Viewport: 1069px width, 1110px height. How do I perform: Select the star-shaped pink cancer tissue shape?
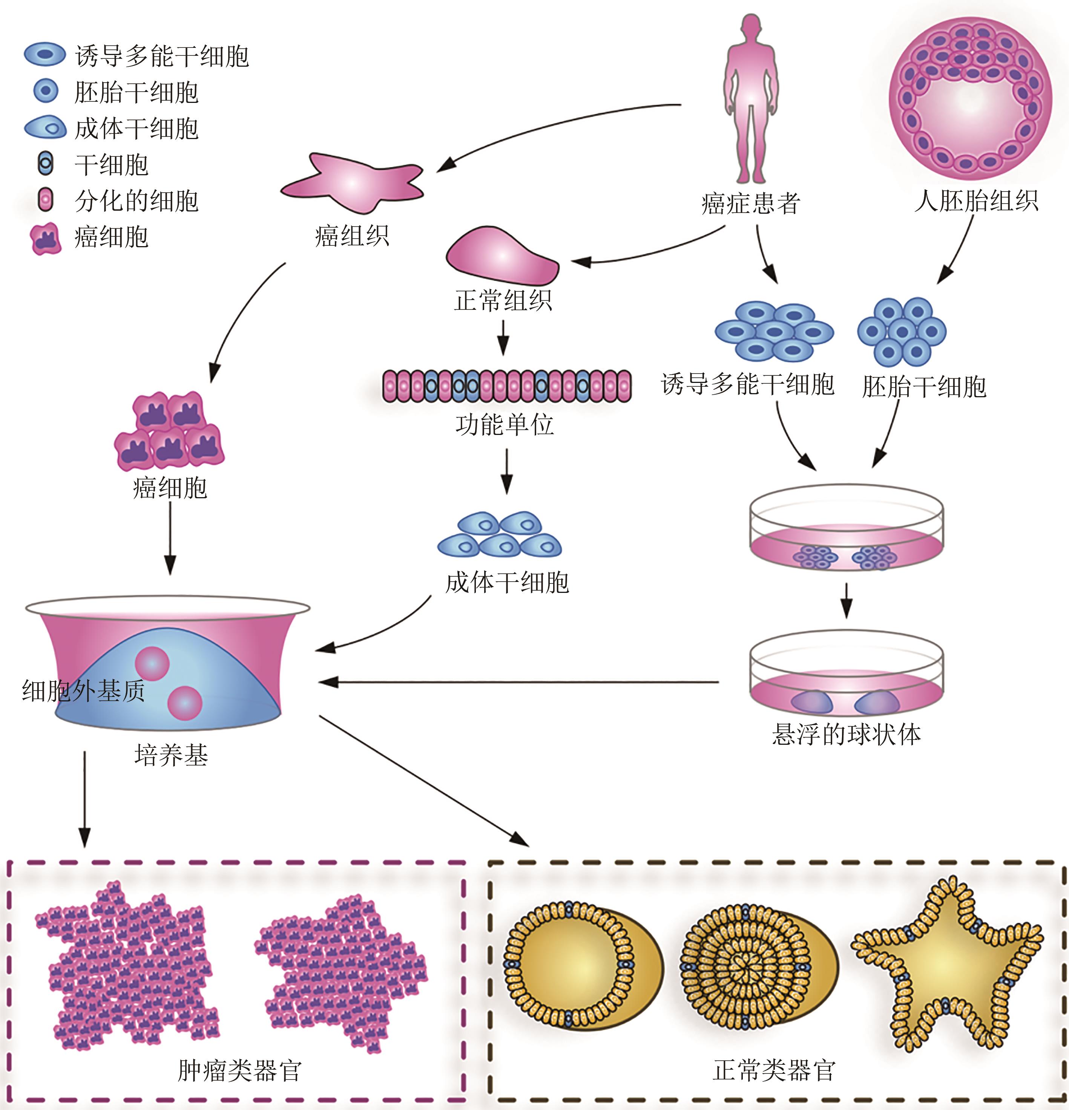pyautogui.click(x=352, y=182)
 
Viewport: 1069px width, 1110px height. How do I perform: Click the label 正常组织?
pyautogui.click(x=503, y=300)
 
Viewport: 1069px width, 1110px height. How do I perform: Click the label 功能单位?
pyautogui.click(x=504, y=425)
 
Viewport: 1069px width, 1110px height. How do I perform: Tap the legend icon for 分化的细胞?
pyautogui.click(x=45, y=201)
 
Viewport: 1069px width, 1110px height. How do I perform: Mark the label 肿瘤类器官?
pyautogui.click(x=240, y=1070)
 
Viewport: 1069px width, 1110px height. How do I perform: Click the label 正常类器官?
pyautogui.click(x=774, y=1070)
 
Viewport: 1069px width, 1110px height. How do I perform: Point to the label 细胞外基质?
pyautogui.click(x=83, y=691)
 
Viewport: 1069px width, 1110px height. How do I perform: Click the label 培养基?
pyautogui.click(x=171, y=755)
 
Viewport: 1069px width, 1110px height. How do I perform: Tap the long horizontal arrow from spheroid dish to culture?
pyautogui.click(x=518, y=683)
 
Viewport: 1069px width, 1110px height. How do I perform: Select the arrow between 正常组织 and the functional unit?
pyautogui.click(x=503, y=338)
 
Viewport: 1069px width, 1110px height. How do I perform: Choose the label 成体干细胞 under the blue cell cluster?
pyautogui.click(x=507, y=583)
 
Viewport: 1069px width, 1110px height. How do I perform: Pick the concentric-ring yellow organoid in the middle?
pyautogui.click(x=747, y=966)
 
